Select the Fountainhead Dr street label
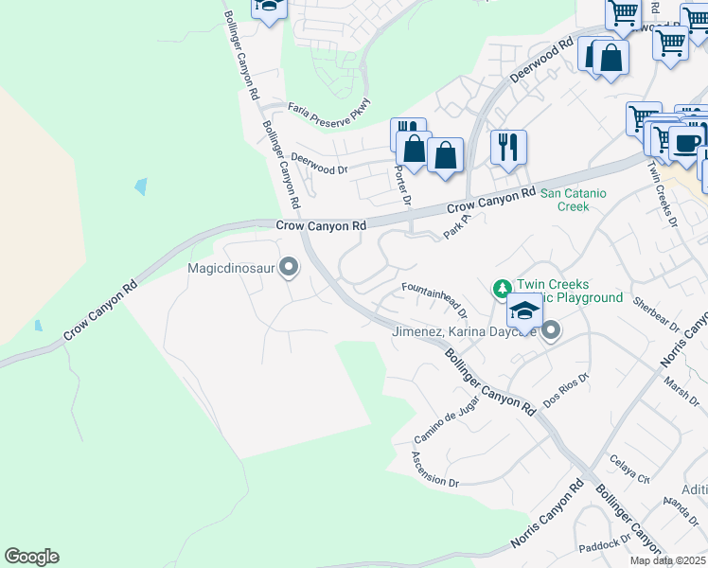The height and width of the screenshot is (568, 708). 434,298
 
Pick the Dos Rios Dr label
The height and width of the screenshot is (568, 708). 565,392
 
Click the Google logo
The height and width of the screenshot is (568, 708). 31,557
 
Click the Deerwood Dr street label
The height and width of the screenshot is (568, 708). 320,164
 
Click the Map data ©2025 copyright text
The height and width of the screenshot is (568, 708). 667,560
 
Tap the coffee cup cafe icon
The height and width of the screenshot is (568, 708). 686,143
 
